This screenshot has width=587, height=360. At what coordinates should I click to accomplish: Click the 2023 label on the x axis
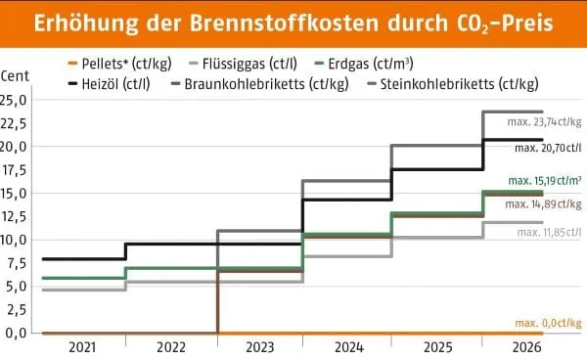coord(259,345)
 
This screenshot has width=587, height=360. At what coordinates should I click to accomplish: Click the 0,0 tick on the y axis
coord(15,333)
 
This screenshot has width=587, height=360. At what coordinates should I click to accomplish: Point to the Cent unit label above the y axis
coord(17,76)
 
